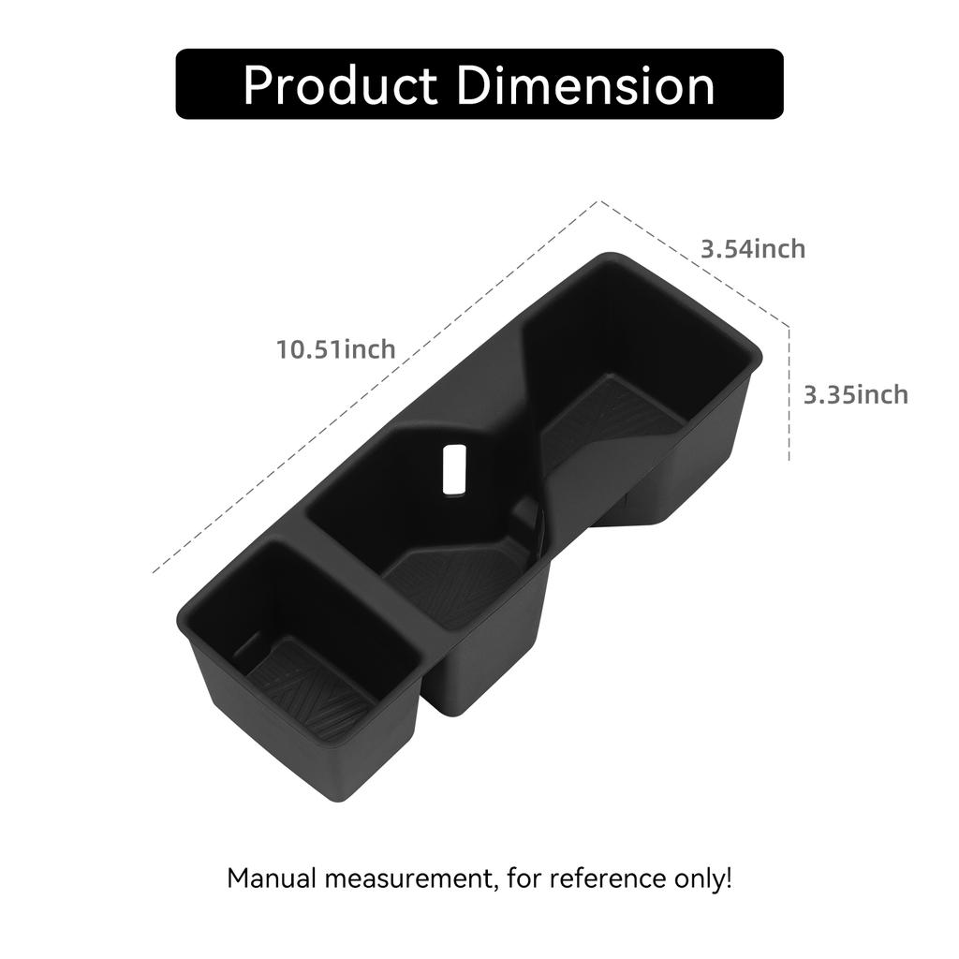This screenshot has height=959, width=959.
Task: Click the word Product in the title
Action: click(340, 85)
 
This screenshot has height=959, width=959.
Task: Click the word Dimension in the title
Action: click(587, 85)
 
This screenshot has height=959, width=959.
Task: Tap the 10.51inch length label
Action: click(335, 349)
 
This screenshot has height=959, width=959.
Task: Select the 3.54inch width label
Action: click(753, 249)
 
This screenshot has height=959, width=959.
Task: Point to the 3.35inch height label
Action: click(855, 394)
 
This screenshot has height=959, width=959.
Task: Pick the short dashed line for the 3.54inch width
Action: click(693, 263)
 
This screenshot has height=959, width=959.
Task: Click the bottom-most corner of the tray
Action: click(332, 798)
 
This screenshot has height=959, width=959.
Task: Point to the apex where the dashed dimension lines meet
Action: click(599, 201)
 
